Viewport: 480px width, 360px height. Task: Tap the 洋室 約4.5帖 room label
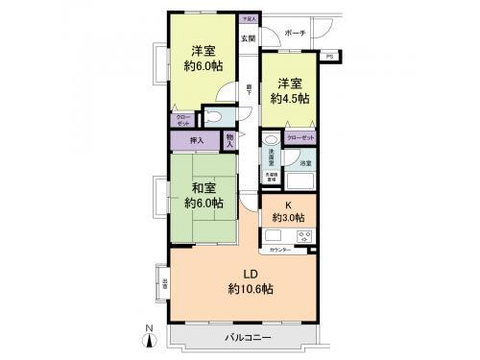tap(289, 91)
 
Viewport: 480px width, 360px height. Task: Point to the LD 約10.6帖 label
tap(247, 281)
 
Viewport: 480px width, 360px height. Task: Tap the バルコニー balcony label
tap(249, 339)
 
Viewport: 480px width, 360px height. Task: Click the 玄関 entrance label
tap(248, 38)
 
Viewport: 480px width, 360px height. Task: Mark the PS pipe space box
tap(330, 57)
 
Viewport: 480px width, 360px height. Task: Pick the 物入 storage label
tap(230, 141)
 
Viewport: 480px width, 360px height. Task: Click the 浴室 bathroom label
tap(304, 164)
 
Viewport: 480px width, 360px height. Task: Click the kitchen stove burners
tap(304, 236)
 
